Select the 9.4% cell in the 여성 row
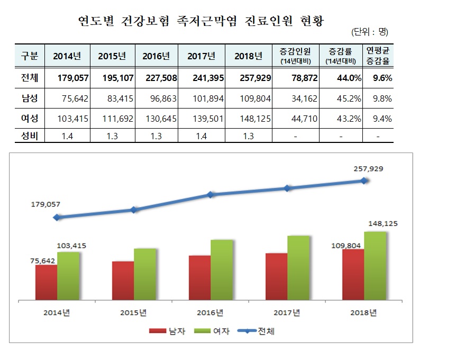[x=381, y=119]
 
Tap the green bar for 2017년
[x=298, y=267]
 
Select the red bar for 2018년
[x=353, y=273]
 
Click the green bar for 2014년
[x=68, y=275]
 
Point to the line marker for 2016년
[x=211, y=195]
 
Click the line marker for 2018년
[x=364, y=181]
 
